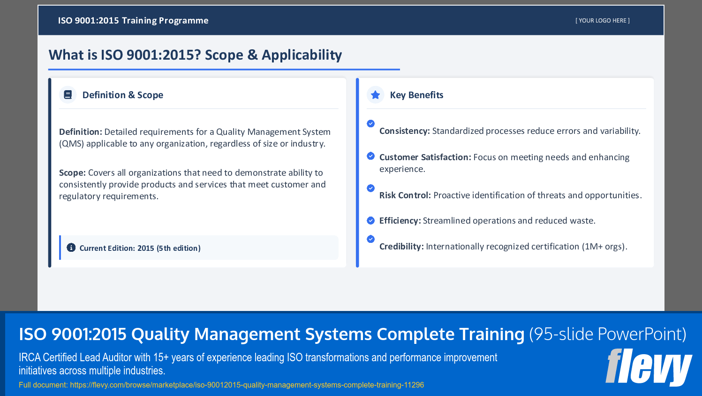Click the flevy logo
point(649,367)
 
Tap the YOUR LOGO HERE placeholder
point(603,21)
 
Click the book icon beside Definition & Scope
point(68,95)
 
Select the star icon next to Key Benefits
point(375,95)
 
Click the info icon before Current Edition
point(71,248)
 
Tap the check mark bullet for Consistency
point(370,124)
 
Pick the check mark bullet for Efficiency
point(370,220)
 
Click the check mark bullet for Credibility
point(370,239)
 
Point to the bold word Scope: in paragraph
point(72,173)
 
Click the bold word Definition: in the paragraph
point(80,132)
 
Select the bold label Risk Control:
point(405,195)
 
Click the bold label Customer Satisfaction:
point(425,157)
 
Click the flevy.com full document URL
point(247,385)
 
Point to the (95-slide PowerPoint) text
point(607,334)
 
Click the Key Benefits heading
point(416,95)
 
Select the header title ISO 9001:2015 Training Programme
point(133,21)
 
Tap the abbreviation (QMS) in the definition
point(71,144)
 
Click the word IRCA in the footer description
point(30,357)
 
